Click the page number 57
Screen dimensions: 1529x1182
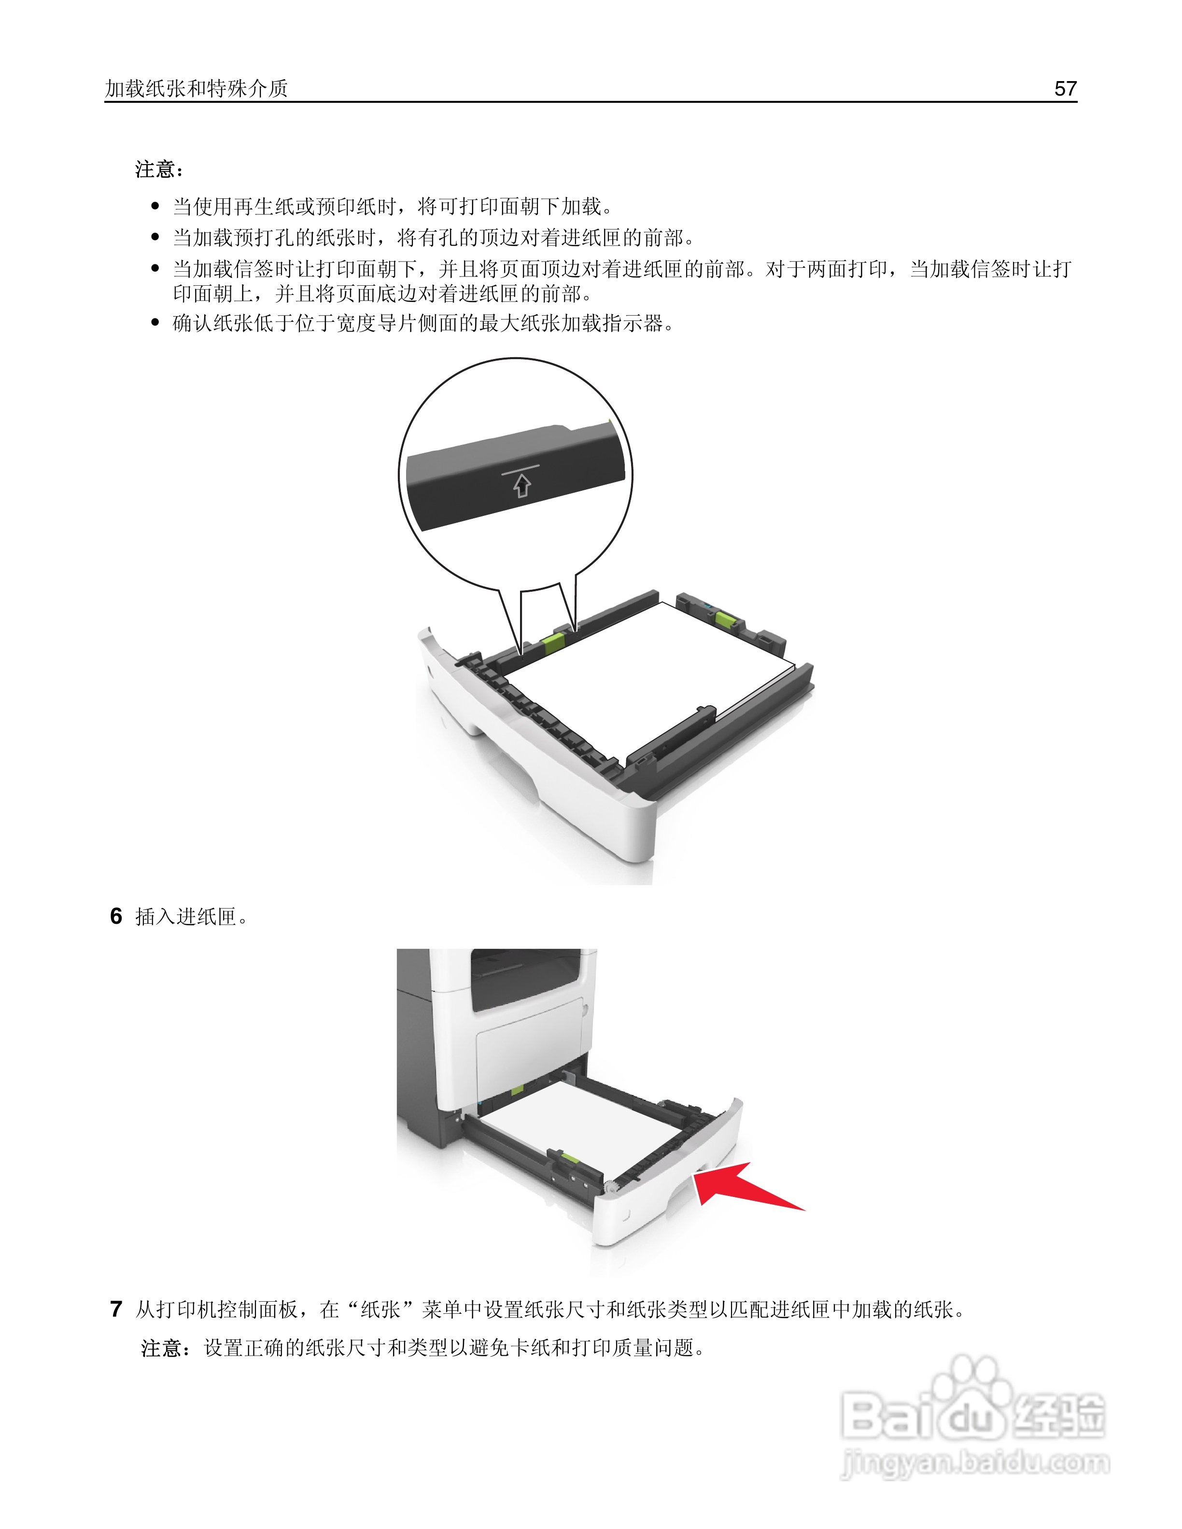(1064, 89)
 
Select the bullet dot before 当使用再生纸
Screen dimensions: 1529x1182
(155, 207)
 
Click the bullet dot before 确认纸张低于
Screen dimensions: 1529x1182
(155, 323)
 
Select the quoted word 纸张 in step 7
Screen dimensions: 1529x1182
(380, 1310)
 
